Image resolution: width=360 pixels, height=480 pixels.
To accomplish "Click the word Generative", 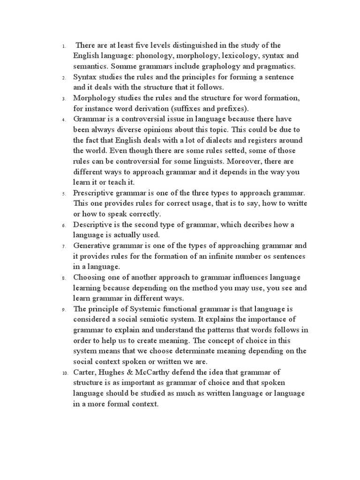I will pos(93,246).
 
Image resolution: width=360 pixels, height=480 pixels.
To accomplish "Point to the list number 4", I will pos(63,120).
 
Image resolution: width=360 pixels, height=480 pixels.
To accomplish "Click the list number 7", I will pos(63,246).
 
